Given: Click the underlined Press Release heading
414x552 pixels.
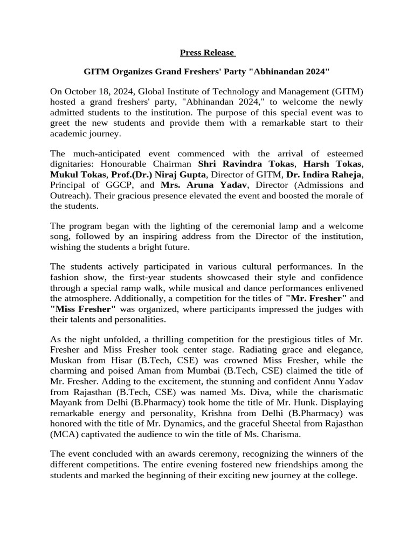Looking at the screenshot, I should pos(207,52).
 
